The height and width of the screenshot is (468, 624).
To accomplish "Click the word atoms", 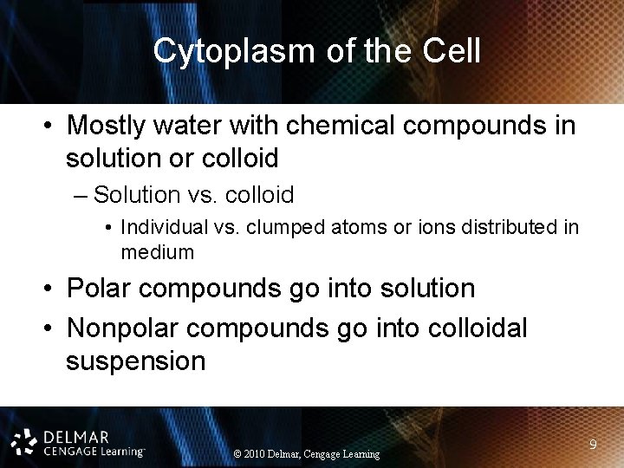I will [349, 228].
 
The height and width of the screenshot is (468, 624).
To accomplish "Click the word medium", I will [157, 252].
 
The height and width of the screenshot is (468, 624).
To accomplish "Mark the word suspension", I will [135, 360].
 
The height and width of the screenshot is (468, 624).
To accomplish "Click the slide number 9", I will [593, 445].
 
